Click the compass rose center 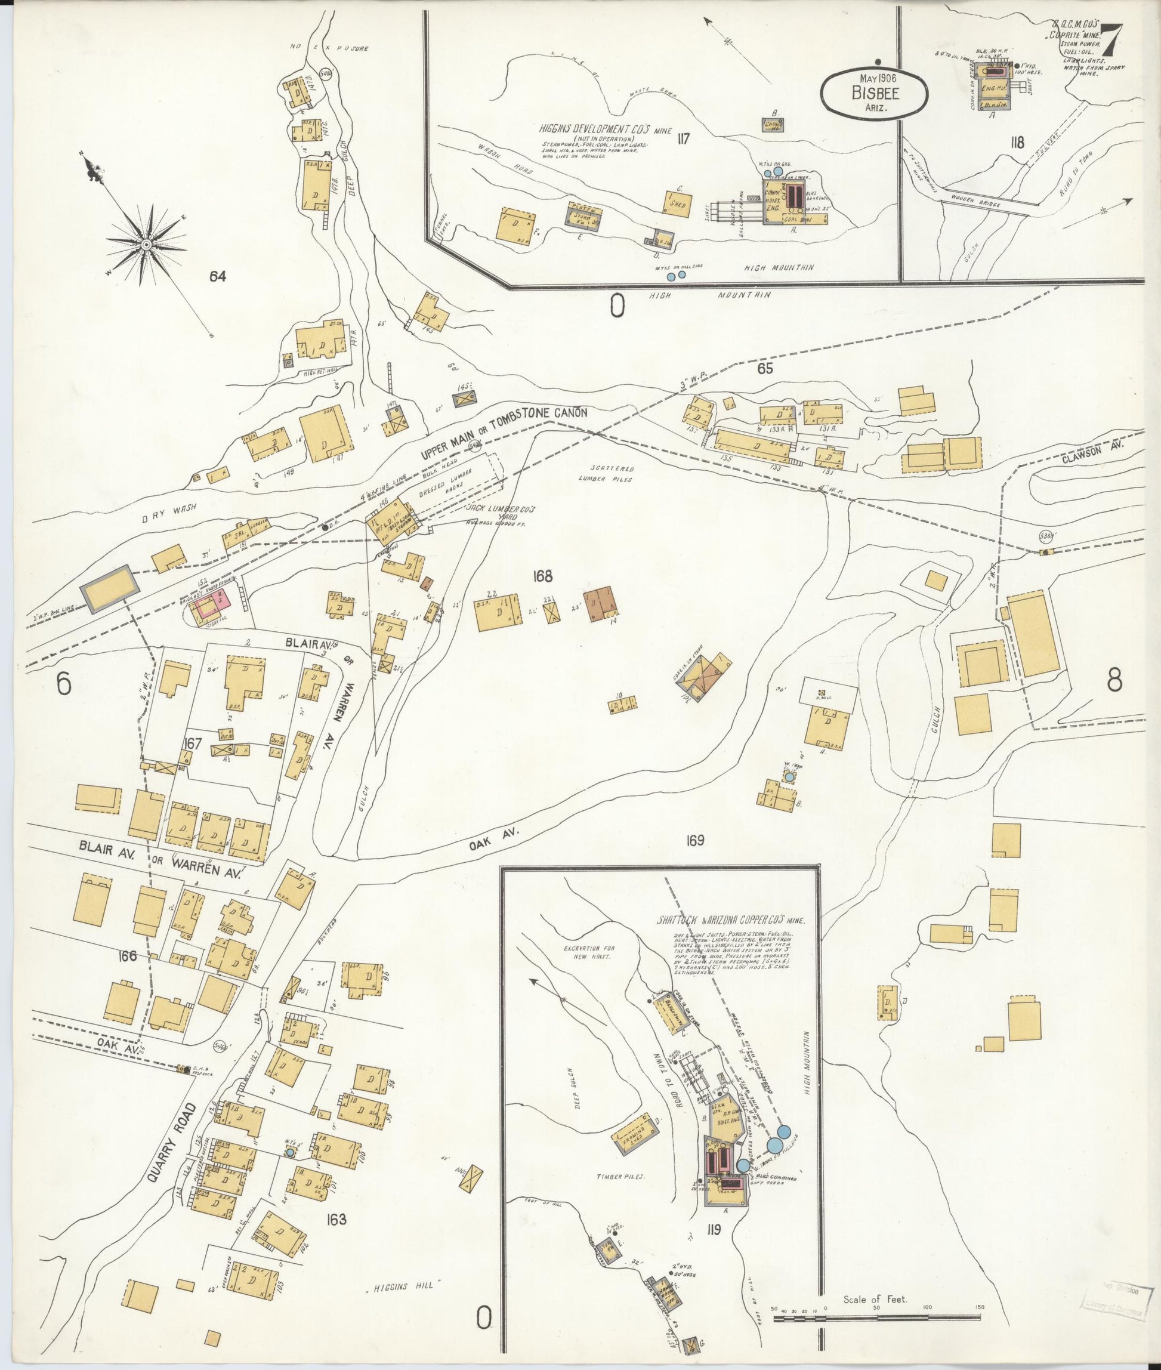coord(146,245)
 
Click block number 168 coord(543,578)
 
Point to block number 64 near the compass coord(217,277)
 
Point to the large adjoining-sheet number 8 coord(1114,682)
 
